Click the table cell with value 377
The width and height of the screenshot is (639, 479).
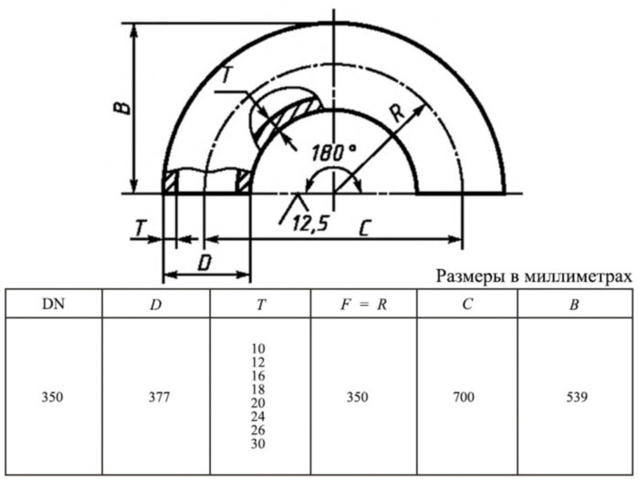coord(155,397)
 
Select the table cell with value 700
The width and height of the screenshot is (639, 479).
coord(467,397)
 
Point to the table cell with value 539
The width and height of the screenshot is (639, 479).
coord(573,397)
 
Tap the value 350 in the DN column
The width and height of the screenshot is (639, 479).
coord(54,397)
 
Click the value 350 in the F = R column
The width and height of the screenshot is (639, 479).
coord(363,397)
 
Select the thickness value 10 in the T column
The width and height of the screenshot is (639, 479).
coord(260,349)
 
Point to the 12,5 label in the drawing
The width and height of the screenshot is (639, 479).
coord(310,222)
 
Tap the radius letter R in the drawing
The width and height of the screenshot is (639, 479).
coord(396,113)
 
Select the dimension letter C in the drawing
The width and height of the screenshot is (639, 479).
coord(363,228)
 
